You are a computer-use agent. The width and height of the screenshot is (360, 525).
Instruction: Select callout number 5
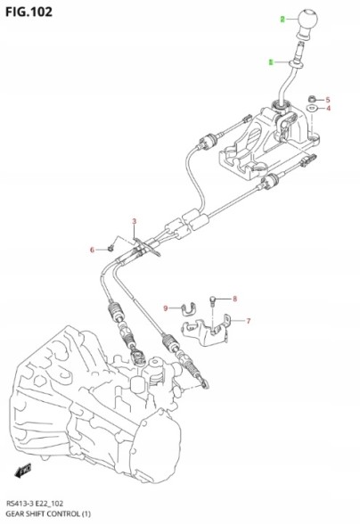tap(328, 99)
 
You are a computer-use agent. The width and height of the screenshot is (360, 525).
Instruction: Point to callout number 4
tap(328, 109)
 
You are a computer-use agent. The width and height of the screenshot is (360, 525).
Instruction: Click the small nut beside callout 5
tap(311, 98)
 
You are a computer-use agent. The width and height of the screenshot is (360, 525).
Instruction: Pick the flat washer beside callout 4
tap(310, 109)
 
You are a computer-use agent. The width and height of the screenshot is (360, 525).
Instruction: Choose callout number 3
tap(135, 221)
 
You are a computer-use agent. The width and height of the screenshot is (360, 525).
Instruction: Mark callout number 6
tap(91, 250)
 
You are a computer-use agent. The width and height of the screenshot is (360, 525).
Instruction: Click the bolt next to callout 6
tap(110, 248)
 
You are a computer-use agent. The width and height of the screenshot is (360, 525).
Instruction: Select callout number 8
tap(235, 299)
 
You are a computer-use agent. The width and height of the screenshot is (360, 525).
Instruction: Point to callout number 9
tap(165, 308)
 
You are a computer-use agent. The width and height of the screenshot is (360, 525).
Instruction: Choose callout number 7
tap(248, 321)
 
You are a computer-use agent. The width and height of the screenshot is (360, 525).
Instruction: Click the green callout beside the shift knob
tap(282, 19)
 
